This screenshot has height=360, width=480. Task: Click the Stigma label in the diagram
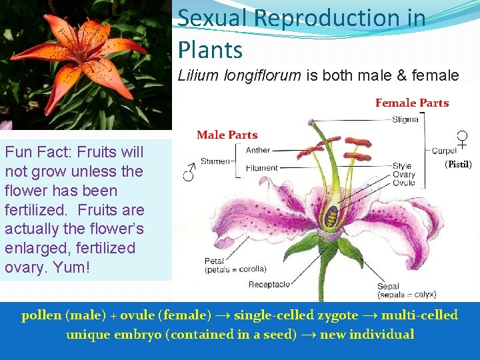[405, 120]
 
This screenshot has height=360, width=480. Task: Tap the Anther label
[258, 151]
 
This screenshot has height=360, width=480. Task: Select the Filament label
[262, 169]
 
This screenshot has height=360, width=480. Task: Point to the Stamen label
[215, 161]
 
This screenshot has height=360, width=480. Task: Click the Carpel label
[445, 151]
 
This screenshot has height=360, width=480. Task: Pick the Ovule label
[403, 184]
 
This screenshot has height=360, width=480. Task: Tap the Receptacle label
[269, 285]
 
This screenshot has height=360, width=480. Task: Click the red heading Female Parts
[411, 103]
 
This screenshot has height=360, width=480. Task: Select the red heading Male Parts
[227, 135]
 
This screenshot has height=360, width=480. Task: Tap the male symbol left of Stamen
[190, 173]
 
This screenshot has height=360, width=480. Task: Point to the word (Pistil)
[458, 164]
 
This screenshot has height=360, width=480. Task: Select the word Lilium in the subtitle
[198, 75]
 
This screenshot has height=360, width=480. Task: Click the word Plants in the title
[210, 49]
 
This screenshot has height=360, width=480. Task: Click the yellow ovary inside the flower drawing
[329, 216]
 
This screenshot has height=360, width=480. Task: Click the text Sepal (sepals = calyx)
[407, 290]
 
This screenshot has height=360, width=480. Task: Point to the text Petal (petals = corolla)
[235, 265]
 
